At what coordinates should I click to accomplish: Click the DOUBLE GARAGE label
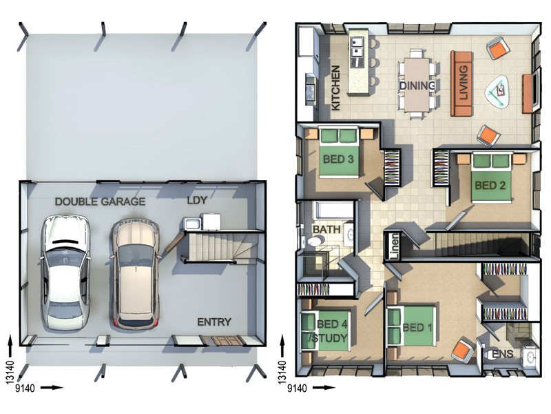(100, 201)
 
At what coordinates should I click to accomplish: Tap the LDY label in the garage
(197, 200)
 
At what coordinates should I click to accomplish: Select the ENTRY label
(214, 322)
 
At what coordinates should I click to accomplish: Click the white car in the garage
(65, 272)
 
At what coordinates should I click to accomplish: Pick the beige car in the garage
(136, 273)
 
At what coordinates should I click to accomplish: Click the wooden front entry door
(222, 341)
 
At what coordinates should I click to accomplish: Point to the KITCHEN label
(336, 88)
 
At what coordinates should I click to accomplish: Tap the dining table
(417, 84)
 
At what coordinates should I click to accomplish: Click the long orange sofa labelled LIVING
(461, 83)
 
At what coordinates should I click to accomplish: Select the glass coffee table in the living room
(497, 91)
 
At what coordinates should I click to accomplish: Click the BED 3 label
(338, 159)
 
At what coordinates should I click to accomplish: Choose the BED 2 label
(490, 185)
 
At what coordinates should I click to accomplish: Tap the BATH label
(326, 230)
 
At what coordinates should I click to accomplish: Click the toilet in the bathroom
(315, 241)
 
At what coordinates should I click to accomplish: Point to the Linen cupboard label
(394, 246)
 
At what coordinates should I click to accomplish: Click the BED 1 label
(417, 328)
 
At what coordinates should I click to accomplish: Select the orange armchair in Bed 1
(463, 349)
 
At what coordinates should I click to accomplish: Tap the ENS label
(502, 354)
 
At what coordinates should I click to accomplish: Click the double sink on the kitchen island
(357, 47)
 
